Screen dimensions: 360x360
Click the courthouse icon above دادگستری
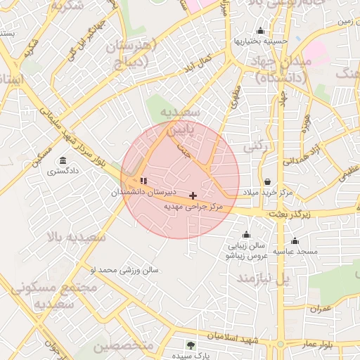[x=63, y=160]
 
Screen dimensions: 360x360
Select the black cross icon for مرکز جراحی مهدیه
[x=193, y=195]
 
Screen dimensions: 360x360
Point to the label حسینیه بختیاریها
[x=261, y=41]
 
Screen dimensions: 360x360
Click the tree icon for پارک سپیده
[x=191, y=345]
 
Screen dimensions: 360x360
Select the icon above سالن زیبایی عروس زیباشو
[x=246, y=235]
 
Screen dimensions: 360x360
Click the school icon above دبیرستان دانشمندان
[x=143, y=181]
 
